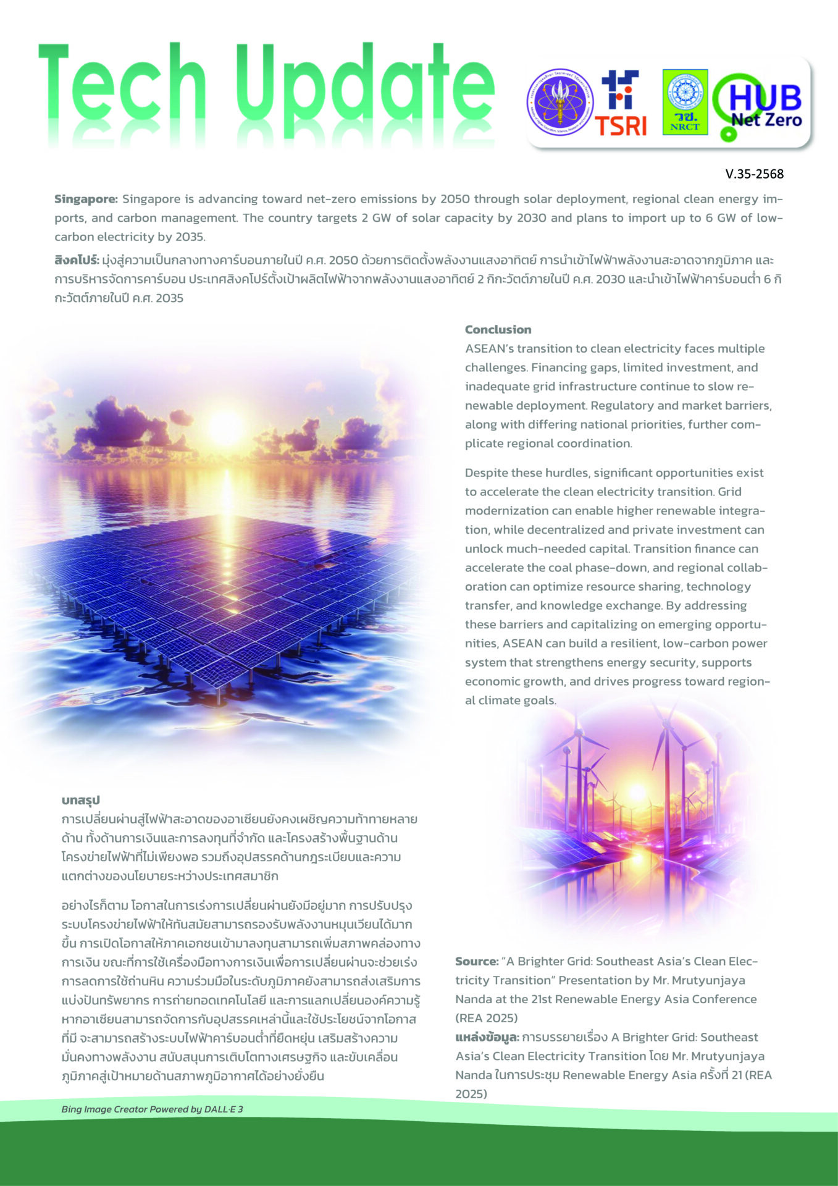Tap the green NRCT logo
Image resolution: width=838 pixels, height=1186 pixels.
[685, 102]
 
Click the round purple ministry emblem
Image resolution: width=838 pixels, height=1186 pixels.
[560, 103]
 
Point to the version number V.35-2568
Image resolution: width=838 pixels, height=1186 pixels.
[754, 174]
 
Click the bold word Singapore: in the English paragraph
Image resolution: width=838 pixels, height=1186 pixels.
[86, 200]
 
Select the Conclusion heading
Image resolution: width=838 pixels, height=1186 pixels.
[498, 330]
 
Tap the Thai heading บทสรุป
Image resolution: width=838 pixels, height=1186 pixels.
[81, 801]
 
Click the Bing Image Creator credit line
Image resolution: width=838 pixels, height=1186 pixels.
[152, 1109]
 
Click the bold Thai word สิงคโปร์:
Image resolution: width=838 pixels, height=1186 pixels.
[77, 260]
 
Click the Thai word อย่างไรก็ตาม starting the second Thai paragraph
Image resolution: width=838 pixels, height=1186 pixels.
[95, 906]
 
